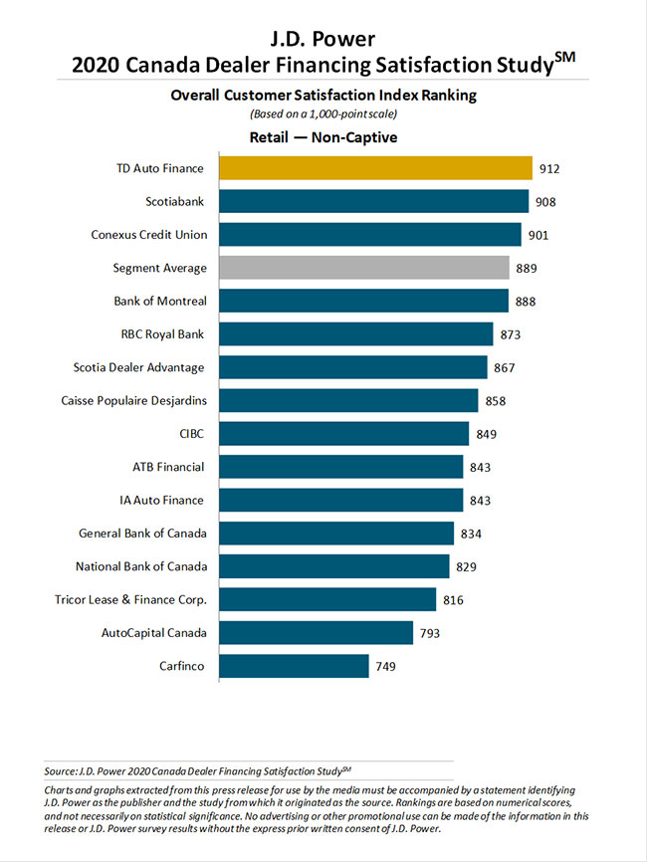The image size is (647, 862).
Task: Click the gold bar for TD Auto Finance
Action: [x=375, y=168]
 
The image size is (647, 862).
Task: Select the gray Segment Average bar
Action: [x=364, y=268]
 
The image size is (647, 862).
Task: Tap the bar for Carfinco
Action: [x=294, y=666]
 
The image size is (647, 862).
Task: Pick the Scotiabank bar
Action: [x=373, y=202]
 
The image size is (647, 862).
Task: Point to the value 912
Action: [x=549, y=169]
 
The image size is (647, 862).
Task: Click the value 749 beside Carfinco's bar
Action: [x=386, y=666]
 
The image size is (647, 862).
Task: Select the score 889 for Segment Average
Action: [x=527, y=269]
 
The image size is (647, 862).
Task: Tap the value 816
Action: [x=453, y=600]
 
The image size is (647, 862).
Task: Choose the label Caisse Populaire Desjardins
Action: [x=133, y=401]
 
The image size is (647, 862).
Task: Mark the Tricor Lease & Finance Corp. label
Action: [x=129, y=600]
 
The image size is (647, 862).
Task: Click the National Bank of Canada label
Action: [x=141, y=566]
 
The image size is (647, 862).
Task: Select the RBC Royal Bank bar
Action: [x=355, y=334]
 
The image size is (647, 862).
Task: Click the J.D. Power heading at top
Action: [x=323, y=41]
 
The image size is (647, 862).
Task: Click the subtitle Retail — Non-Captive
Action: [x=323, y=137]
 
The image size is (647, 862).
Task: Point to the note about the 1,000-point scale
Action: [x=323, y=114]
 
